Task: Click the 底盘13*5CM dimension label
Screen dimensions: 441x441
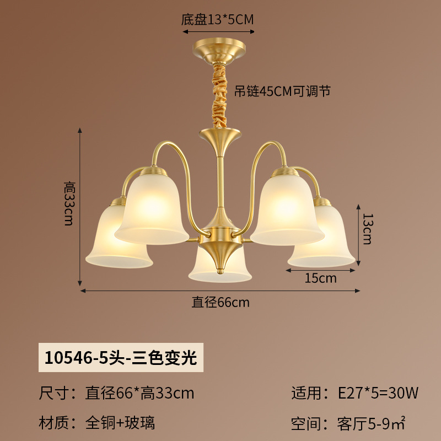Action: pyautogui.click(x=217, y=20)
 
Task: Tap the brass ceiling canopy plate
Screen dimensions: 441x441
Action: pyautogui.click(x=219, y=51)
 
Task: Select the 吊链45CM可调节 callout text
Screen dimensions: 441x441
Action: pyautogui.click(x=282, y=91)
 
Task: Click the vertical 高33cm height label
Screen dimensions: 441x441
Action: pyautogui.click(x=69, y=203)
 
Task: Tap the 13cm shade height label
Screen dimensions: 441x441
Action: pyautogui.click(x=367, y=229)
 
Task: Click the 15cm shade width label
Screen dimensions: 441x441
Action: pyautogui.click(x=321, y=278)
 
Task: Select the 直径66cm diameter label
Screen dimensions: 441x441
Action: pyautogui.click(x=220, y=303)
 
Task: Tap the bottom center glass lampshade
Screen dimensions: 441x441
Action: pyautogui.click(x=220, y=267)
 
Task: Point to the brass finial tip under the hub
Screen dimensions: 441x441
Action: pyautogui.click(x=220, y=271)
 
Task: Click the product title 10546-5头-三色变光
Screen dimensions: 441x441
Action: pyautogui.click(x=121, y=358)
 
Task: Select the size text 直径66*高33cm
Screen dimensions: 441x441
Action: pyautogui.click(x=139, y=393)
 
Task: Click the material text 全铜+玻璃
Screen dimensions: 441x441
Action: pyautogui.click(x=120, y=423)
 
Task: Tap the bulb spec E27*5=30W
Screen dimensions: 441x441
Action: pyautogui.click(x=378, y=392)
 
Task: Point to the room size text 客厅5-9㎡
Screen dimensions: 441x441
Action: pyautogui.click(x=371, y=423)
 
